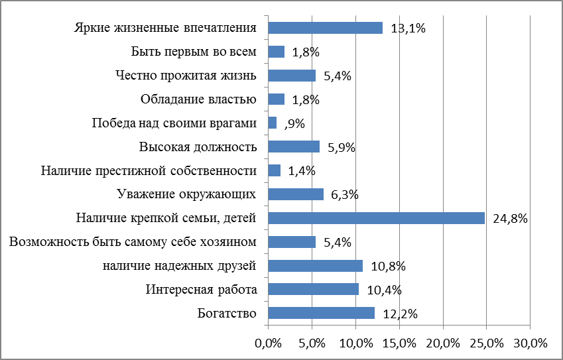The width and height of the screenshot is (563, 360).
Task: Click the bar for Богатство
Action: click(x=321, y=313)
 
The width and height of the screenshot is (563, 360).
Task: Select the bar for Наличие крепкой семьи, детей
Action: click(x=376, y=218)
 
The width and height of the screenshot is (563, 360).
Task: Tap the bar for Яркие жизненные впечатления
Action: click(x=325, y=28)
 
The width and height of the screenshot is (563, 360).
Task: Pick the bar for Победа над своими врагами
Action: click(x=272, y=123)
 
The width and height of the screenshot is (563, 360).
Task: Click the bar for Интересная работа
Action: click(x=313, y=289)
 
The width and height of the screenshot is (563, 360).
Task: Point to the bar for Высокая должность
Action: click(x=294, y=147)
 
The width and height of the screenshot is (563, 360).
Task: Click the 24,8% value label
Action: click(x=510, y=219)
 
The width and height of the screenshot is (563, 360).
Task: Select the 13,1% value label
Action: click(x=408, y=29)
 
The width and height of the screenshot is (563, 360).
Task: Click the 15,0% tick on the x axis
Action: click(x=399, y=343)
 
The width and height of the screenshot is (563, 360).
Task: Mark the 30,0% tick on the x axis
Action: click(x=530, y=343)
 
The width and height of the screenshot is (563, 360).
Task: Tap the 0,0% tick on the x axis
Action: click(x=268, y=343)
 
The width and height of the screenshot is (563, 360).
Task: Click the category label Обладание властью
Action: click(x=198, y=99)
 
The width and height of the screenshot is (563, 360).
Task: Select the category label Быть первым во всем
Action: click(x=194, y=52)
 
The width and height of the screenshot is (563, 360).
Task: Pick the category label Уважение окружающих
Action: click(x=186, y=194)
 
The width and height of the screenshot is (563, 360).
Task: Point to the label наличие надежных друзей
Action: click(x=180, y=266)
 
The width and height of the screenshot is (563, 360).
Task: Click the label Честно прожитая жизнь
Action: click(x=186, y=76)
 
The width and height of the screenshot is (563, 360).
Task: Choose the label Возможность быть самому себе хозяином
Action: click(x=133, y=242)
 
